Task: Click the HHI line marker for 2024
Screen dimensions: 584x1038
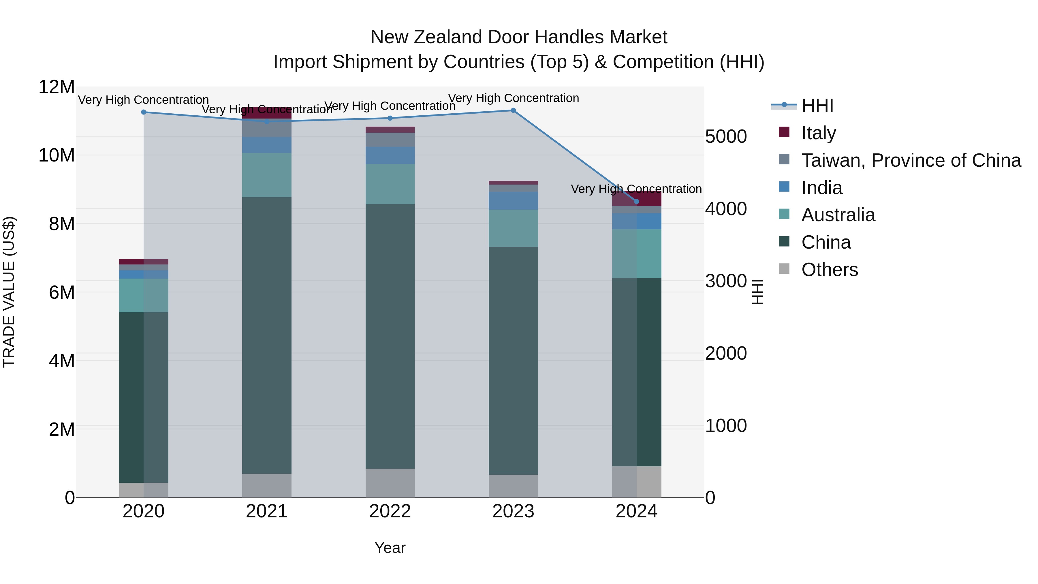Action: pyautogui.click(x=637, y=202)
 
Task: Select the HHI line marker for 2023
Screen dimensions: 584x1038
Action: pyautogui.click(x=513, y=110)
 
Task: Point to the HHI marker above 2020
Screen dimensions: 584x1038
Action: pyautogui.click(x=144, y=112)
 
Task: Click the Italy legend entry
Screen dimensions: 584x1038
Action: pyautogui.click(x=818, y=133)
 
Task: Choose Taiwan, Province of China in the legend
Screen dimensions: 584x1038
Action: pyautogui.click(x=911, y=160)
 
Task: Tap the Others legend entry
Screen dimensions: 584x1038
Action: pyautogui.click(x=829, y=270)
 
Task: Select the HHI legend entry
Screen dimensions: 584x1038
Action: pyautogui.click(x=817, y=106)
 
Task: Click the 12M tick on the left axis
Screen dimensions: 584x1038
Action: pyautogui.click(x=57, y=87)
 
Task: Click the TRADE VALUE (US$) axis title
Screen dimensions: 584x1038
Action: pyautogui.click(x=9, y=292)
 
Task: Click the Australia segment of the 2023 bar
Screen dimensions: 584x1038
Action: pyautogui.click(x=513, y=228)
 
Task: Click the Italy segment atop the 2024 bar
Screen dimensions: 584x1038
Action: pyautogui.click(x=637, y=199)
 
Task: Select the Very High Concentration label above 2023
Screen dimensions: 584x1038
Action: pyautogui.click(x=513, y=98)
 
